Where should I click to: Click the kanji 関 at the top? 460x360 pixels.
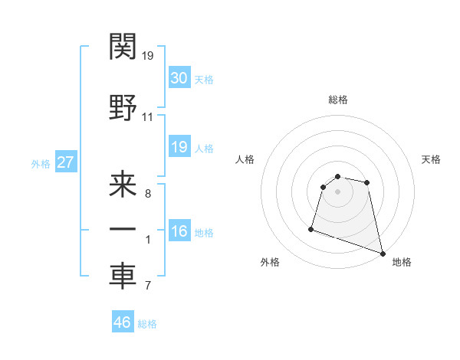[x=123, y=48]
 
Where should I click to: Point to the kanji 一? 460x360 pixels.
[x=123, y=230]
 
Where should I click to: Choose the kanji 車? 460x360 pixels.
[x=123, y=276]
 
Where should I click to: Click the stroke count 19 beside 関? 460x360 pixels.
[x=148, y=56]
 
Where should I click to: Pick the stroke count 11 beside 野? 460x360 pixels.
[x=148, y=117]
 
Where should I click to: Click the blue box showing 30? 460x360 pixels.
[x=179, y=79]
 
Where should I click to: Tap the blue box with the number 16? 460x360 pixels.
[x=179, y=232]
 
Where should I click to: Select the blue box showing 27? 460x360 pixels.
[x=66, y=163]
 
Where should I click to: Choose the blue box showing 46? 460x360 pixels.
[x=123, y=323]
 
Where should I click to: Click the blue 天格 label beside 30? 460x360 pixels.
[x=204, y=80]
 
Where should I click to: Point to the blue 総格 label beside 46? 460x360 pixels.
[x=147, y=324]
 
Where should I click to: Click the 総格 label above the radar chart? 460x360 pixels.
[x=337, y=100]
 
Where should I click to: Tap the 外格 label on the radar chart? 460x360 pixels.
[x=270, y=263]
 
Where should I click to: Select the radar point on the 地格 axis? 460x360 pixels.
[x=382, y=253]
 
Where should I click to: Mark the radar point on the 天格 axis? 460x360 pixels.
[x=367, y=182]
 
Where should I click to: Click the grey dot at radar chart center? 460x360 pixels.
[x=337, y=191]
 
